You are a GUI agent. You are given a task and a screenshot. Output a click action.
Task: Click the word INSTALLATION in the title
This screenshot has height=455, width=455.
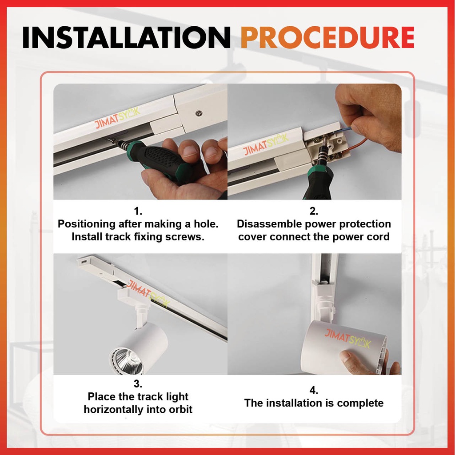pos(127,37)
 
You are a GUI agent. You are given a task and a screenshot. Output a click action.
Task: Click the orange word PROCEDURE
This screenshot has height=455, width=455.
pos(327,37)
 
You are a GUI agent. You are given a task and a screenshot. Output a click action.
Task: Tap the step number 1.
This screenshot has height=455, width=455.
pos(138,211)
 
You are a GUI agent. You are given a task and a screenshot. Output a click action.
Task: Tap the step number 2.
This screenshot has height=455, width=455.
pos(314,211)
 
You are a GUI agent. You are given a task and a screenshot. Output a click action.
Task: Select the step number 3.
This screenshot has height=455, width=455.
pos(138,383)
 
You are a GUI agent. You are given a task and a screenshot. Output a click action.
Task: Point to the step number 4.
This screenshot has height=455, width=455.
pos(314,390)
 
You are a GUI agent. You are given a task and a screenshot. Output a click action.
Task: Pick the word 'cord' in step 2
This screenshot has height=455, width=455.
pos(378,237)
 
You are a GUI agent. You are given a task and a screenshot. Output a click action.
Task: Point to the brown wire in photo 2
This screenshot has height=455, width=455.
pos(356,145)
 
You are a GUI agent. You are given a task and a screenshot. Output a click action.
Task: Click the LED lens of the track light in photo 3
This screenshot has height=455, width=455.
pos(127,361)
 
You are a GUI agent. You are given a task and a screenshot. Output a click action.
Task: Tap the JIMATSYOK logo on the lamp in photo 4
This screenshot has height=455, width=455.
pos(347,338)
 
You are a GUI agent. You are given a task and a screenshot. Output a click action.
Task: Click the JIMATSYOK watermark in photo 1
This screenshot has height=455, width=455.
pos(117,118)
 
